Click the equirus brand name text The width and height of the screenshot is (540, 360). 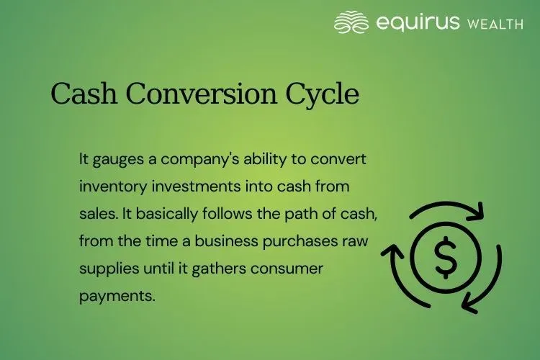pos(417,22)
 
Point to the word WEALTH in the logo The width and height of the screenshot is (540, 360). pos(495,24)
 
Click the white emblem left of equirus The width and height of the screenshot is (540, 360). pos(351,22)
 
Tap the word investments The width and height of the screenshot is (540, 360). pos(184,186)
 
